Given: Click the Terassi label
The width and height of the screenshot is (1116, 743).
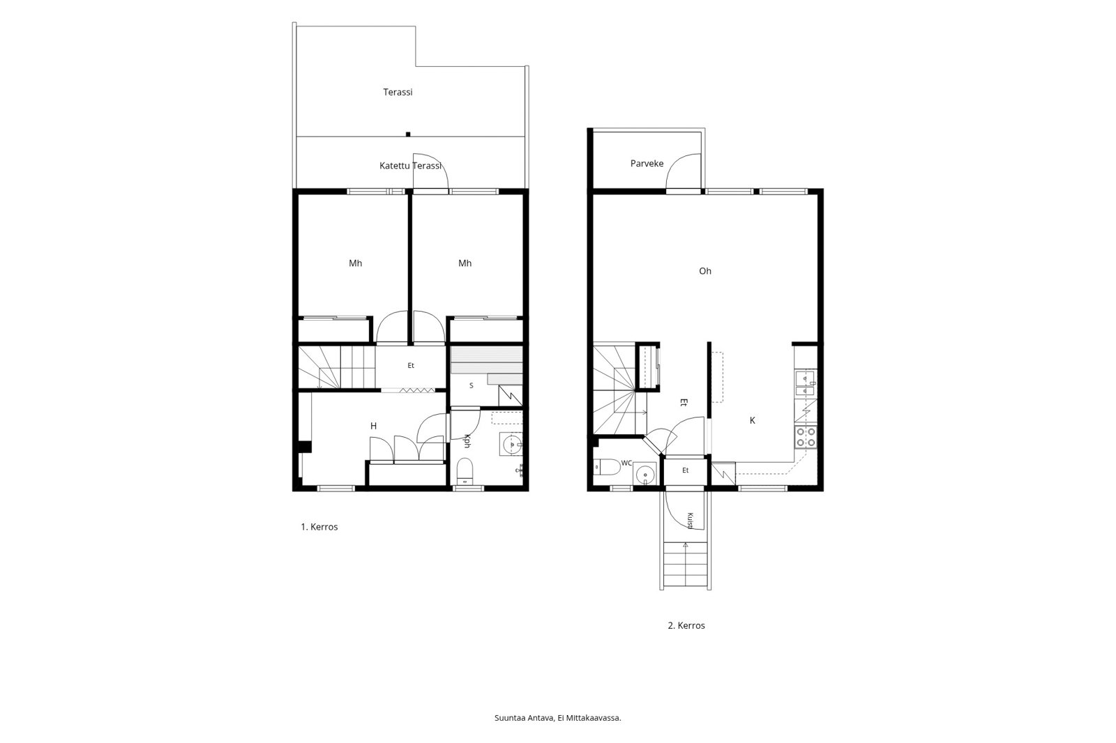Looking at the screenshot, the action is pyautogui.click(x=398, y=92).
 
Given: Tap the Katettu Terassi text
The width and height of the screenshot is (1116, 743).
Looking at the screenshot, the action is pyautogui.click(x=411, y=166).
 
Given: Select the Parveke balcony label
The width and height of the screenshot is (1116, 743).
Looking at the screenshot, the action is pyautogui.click(x=647, y=163).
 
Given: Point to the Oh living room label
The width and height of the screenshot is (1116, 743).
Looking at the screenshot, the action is pyautogui.click(x=705, y=271).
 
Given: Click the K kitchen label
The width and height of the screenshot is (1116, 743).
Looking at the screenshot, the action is pyautogui.click(x=753, y=420).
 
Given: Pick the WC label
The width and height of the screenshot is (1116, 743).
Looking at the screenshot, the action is pyautogui.click(x=626, y=463).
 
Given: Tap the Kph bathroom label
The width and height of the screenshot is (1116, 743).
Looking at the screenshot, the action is pyautogui.click(x=467, y=441).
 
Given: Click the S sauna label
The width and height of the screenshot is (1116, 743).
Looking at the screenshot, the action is pyautogui.click(x=472, y=385).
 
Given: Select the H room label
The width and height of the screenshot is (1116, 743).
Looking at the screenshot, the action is pyautogui.click(x=373, y=426).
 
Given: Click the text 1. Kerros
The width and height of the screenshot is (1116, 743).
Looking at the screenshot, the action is pyautogui.click(x=319, y=527).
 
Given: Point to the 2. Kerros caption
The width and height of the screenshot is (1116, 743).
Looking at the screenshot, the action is pyautogui.click(x=686, y=625).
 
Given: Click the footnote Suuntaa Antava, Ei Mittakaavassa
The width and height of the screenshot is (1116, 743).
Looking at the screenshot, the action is pyautogui.click(x=557, y=718).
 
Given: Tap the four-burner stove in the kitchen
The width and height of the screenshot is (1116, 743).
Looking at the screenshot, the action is pyautogui.click(x=806, y=437).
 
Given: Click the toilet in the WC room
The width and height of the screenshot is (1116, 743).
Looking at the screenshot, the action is pyautogui.click(x=607, y=467).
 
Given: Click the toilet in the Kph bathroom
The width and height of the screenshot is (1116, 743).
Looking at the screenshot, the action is pyautogui.click(x=465, y=470).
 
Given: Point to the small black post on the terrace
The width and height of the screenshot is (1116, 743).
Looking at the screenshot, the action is pyautogui.click(x=408, y=134).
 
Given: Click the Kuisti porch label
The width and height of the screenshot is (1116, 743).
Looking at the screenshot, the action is pyautogui.click(x=690, y=521).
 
